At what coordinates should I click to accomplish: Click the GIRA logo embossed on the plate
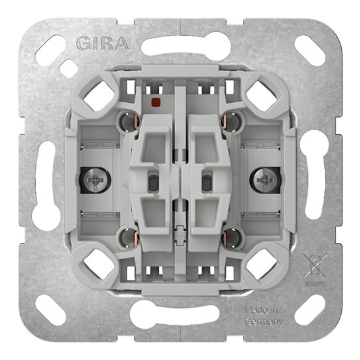[x=102, y=44]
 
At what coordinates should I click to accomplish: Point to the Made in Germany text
[x=264, y=316]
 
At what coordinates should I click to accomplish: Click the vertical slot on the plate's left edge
[x=45, y=180]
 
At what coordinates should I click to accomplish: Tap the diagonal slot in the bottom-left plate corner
[x=51, y=310]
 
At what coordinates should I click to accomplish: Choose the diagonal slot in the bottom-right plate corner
[x=309, y=309]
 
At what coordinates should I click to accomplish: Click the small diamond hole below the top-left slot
[x=68, y=68]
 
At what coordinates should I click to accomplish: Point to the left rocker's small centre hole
[x=152, y=184]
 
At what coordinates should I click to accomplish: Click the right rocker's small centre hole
[x=207, y=184]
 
